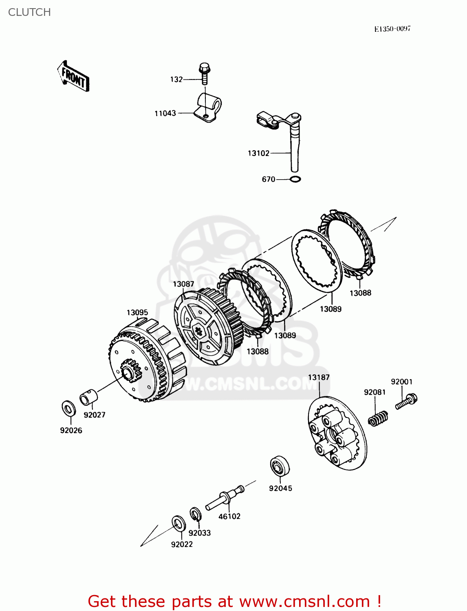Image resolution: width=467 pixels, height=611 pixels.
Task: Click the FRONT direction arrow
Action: coord(73,77)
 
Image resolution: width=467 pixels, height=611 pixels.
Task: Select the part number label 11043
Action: coord(165,113)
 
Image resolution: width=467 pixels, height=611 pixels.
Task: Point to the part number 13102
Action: coord(258,153)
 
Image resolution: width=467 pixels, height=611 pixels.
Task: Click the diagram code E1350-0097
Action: coord(392,29)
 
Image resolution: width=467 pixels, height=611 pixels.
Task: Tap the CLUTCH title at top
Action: coord(29,12)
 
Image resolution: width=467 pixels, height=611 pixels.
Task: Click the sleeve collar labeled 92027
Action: coord(88,397)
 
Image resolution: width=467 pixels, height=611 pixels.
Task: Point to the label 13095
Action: coord(137,312)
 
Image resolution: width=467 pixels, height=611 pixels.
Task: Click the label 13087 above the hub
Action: coord(183,284)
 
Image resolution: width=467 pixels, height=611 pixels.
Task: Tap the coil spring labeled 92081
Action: coord(378,418)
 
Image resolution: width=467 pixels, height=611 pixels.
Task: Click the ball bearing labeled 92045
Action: coord(280,466)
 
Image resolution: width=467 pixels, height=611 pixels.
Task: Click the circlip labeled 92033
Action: coord(195,514)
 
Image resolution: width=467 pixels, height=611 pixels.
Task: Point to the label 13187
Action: coord(319,377)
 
